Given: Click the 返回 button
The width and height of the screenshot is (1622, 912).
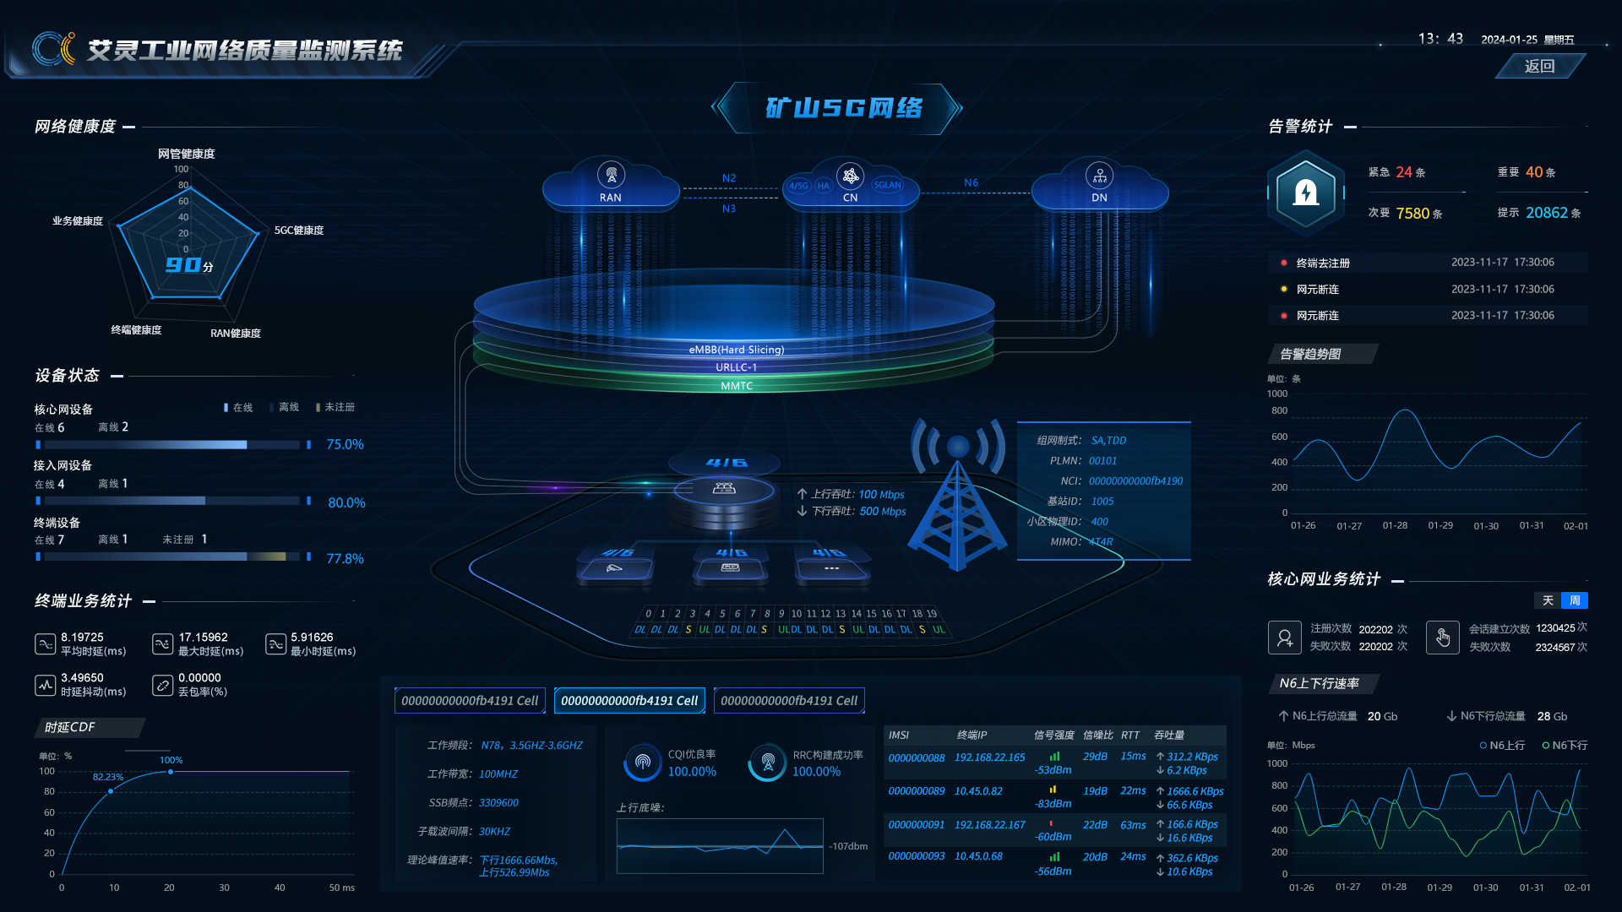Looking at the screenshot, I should (x=1539, y=66).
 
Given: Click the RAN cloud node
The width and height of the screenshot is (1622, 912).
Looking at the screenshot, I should (x=611, y=182).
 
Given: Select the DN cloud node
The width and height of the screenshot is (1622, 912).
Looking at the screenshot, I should (x=1099, y=182).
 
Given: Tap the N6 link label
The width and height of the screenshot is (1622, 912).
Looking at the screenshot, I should (x=972, y=182).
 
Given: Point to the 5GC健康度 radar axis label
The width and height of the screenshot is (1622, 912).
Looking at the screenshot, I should (x=299, y=231).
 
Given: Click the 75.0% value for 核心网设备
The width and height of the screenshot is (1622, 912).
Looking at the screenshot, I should (x=345, y=444).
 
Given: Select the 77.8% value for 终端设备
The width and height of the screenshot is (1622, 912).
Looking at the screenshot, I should (x=345, y=559).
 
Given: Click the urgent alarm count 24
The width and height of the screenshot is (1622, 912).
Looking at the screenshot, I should (x=1404, y=172).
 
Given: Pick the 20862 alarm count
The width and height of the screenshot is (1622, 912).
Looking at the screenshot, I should (x=1547, y=213).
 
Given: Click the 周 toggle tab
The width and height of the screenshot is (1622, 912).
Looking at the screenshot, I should (x=1575, y=600).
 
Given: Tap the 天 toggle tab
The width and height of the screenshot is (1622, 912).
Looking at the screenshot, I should (x=1548, y=600).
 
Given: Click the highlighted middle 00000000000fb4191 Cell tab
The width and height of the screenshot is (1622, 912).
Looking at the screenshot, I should (x=629, y=701).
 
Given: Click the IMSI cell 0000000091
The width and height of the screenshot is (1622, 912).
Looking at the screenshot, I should (x=917, y=825).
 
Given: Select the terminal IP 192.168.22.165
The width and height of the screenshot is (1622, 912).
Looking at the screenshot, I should (x=989, y=757).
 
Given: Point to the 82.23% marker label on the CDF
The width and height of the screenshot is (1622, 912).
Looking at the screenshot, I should (x=108, y=777).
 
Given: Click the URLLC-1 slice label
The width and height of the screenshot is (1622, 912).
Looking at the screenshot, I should (x=737, y=367).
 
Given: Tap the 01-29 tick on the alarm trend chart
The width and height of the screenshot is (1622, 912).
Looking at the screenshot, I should (x=1440, y=525).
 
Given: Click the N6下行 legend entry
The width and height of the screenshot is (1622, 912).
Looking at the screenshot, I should (x=1565, y=745).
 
